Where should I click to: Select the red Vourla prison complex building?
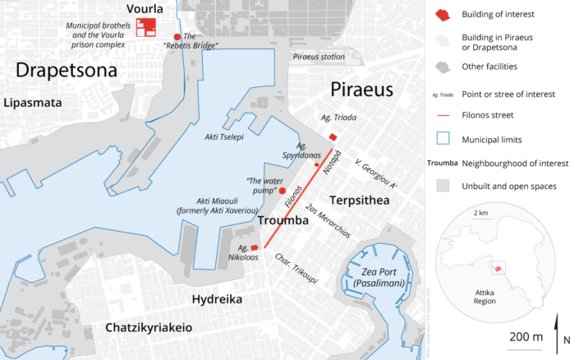pyautogui.click(x=148, y=27)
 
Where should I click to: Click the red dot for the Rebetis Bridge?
pyautogui.click(x=177, y=37)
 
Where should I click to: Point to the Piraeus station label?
pyautogui.click(x=319, y=57)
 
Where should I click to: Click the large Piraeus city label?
pyautogui.click(x=362, y=89)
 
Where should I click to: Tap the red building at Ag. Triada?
pyautogui.click(x=333, y=137)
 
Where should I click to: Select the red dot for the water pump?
pyautogui.click(x=283, y=189)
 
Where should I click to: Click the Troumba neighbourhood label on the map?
pyautogui.click(x=283, y=222)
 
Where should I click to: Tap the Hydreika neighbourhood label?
pyautogui.click(x=216, y=299)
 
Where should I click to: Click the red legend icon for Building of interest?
pyautogui.click(x=443, y=15)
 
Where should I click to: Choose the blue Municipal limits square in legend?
pyautogui.click(x=443, y=139)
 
